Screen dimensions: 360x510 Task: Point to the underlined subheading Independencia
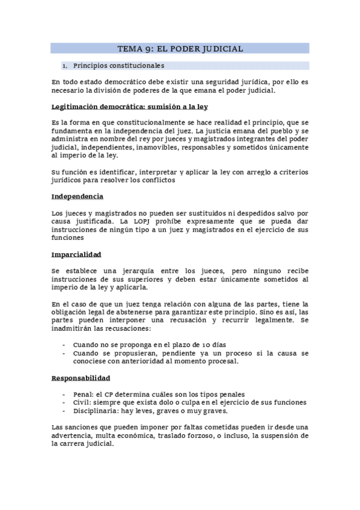point(78,196)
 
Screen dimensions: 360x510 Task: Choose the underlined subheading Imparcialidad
point(76,254)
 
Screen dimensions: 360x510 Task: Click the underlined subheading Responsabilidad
point(81,378)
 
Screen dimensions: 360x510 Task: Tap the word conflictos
point(159,180)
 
